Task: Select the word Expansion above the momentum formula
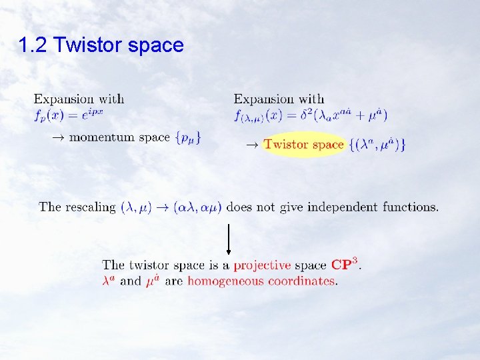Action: pos(65,99)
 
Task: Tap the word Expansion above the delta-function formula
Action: pos(265,99)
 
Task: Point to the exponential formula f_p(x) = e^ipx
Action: pos(69,114)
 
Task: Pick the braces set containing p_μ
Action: pos(188,138)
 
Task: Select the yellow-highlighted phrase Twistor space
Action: pos(303,144)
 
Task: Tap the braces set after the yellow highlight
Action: pos(377,145)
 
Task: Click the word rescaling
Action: pos(90,207)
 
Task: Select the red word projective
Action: pos(262,265)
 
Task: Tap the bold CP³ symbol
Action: pos(346,264)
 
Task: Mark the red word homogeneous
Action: pos(227,281)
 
